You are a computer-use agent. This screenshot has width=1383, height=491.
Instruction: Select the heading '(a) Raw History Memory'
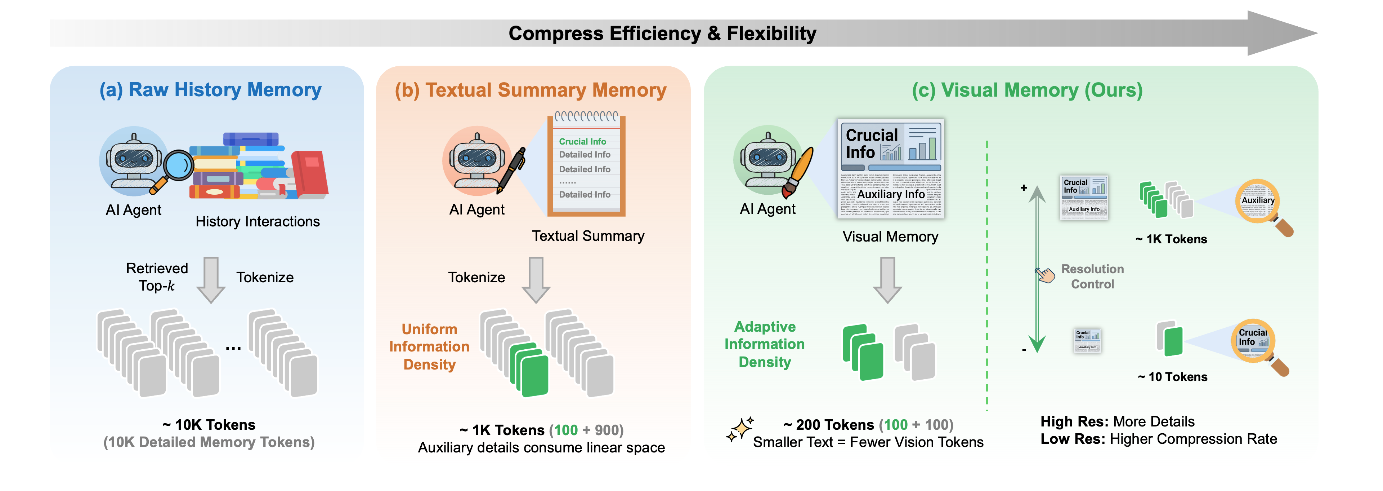click(210, 90)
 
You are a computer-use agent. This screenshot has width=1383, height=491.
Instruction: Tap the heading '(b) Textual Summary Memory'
click(531, 90)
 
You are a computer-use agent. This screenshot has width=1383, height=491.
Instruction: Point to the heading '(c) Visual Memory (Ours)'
click(1027, 90)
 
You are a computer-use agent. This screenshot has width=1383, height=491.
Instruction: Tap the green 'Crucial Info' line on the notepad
click(582, 141)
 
